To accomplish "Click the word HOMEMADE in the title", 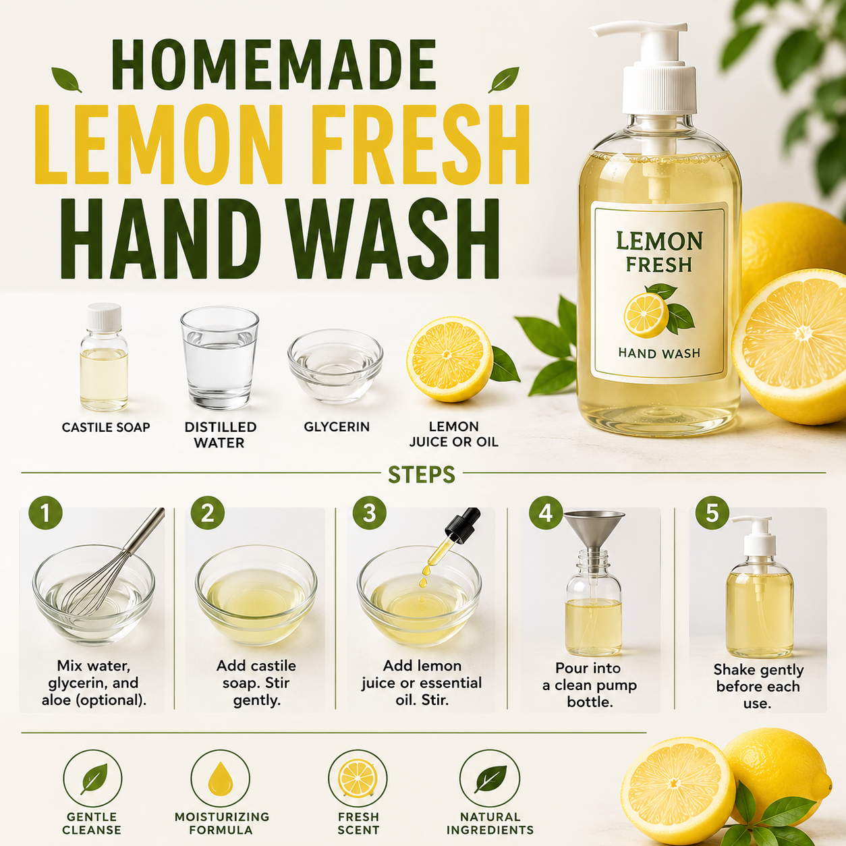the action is click(275, 65).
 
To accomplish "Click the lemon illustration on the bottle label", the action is click(658, 311).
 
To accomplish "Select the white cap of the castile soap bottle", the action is click(104, 317).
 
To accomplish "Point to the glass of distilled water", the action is click(219, 358).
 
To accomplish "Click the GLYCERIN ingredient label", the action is click(337, 427).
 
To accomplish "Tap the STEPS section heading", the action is click(422, 474).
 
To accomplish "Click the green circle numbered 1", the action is click(45, 513).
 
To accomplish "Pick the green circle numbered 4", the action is click(546, 513).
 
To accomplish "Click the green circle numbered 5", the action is click(712, 513).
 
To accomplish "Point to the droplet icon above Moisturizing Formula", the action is click(221, 779).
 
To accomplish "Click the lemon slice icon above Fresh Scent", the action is click(358, 779).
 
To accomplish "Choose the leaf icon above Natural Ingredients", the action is click(490, 779).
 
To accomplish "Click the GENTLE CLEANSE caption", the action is click(92, 823).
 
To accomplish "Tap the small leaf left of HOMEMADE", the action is click(66, 80).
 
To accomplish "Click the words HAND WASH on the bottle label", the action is click(659, 353).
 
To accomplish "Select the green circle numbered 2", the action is click(207, 513).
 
